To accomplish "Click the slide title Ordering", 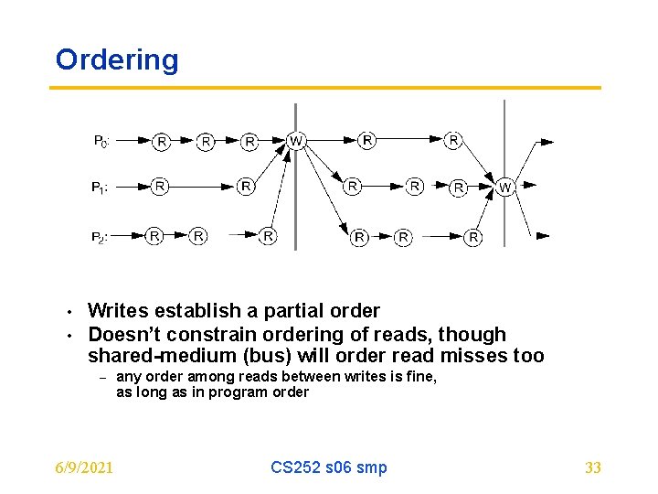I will coord(117,60).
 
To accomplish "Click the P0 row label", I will coord(101,142).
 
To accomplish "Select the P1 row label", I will coord(100,188).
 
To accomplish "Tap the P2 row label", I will coord(100,237).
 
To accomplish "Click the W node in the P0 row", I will coord(295,141).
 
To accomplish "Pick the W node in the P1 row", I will coord(505,188).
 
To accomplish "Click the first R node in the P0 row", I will coord(161,141).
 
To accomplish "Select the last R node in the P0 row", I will coord(453,140).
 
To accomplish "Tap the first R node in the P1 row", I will coord(160,187).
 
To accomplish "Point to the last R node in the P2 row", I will coord(472,237).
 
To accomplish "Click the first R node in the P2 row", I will coord(154,236).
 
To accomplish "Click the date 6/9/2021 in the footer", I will coord(84,467).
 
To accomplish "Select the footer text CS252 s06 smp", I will coord(328,467).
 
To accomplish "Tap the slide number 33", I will coord(592,467).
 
